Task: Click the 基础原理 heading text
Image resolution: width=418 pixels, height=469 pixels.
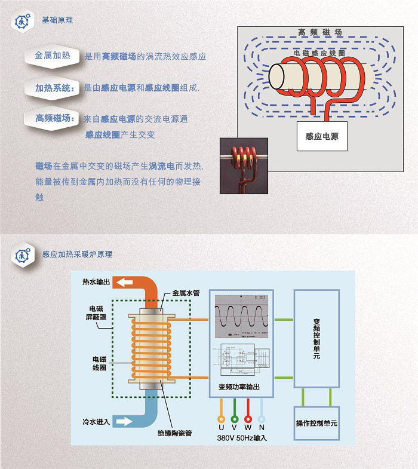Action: (57, 20)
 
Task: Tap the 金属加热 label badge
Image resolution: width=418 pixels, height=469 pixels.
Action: (53, 56)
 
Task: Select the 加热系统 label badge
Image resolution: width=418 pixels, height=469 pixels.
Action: (53, 88)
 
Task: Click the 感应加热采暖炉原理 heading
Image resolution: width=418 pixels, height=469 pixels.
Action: (77, 255)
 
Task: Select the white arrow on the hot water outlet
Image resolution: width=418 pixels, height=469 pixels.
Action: (126, 282)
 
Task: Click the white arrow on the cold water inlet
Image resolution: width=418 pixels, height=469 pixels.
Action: (125, 422)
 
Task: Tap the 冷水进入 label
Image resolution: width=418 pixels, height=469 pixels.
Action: (96, 422)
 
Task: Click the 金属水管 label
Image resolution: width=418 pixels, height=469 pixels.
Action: (187, 293)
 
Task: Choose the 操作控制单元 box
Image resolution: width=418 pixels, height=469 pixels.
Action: (316, 423)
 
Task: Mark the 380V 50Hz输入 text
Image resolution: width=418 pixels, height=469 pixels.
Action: (241, 438)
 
